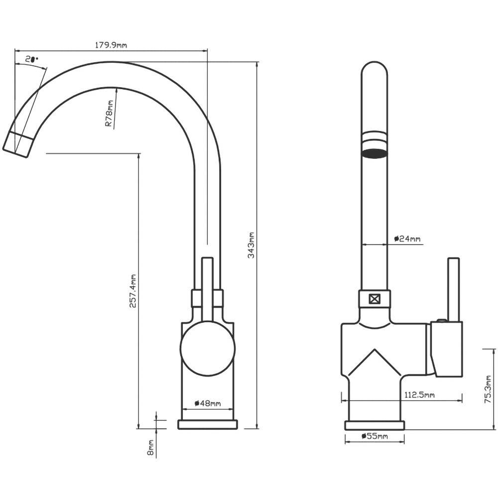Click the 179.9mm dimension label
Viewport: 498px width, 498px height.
(111, 45)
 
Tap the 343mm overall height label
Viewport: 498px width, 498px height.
(251, 245)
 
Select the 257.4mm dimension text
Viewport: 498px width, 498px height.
(133, 291)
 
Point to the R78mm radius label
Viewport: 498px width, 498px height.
(109, 114)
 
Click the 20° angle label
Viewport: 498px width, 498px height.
(32, 59)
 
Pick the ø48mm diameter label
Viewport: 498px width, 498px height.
(208, 403)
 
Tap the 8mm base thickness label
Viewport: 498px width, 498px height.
(150, 448)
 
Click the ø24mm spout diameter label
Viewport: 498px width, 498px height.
(407, 239)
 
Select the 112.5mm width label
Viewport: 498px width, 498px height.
(419, 395)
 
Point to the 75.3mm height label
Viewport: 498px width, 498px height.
(488, 389)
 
